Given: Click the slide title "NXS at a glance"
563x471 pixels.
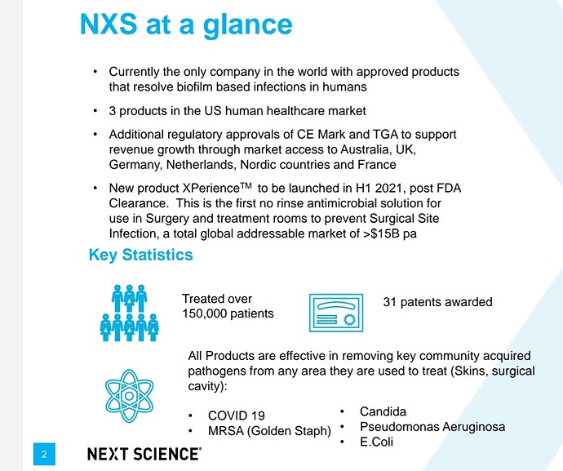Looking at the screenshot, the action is click(x=186, y=25).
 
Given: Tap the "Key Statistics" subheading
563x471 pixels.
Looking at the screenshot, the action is click(x=140, y=255).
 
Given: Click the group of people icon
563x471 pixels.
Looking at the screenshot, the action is click(x=129, y=313).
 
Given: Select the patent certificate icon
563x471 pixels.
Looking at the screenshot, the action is click(x=336, y=313).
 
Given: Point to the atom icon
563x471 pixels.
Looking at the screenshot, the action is click(x=129, y=396).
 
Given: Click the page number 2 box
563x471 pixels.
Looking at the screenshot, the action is click(x=44, y=454).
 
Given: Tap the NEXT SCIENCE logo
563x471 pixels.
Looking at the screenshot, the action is click(x=144, y=454).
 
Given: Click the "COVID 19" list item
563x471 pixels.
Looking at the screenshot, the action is click(x=237, y=415).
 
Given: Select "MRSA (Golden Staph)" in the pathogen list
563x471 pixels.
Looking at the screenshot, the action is click(x=269, y=431).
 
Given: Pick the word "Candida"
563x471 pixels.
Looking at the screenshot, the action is click(x=383, y=411).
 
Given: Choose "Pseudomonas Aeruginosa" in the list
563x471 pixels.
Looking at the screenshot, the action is click(x=432, y=427).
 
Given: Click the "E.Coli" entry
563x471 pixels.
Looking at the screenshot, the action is click(x=376, y=442).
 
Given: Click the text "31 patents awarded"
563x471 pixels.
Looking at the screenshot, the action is click(x=437, y=302).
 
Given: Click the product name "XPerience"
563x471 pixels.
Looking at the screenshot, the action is click(x=211, y=189).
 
